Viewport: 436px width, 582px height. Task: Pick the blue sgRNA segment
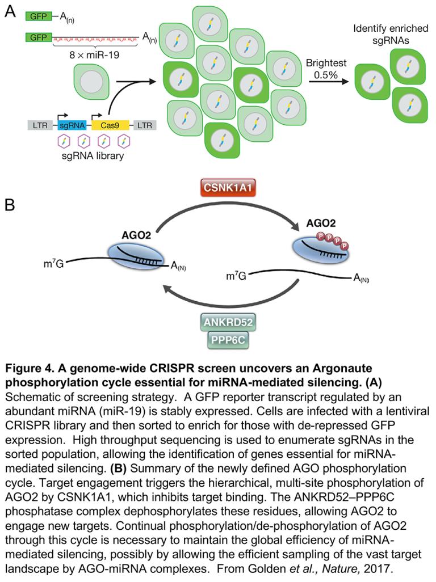point(72,125)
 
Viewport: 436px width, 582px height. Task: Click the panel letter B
point(10,205)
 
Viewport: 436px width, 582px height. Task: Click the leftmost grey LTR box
point(40,125)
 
